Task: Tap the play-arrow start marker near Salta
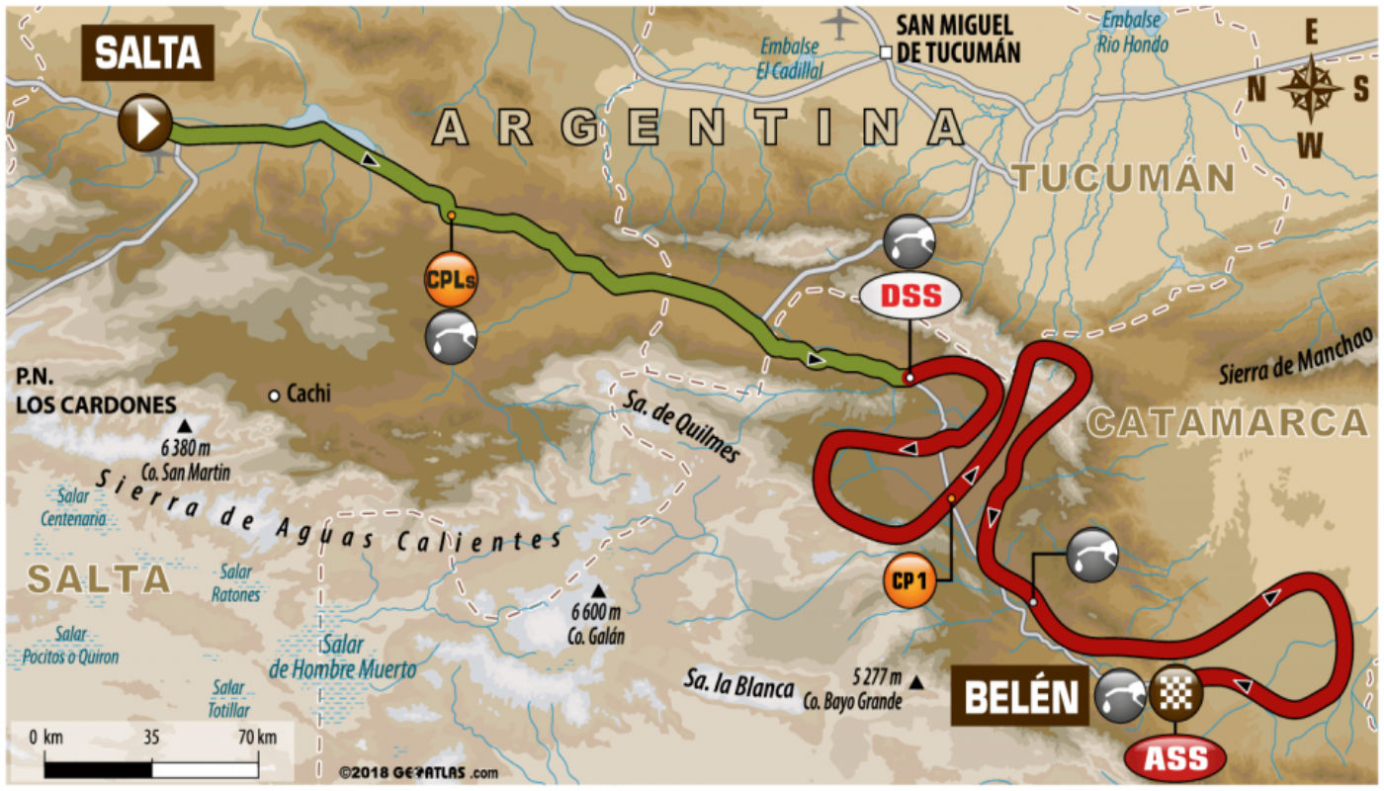tap(145, 123)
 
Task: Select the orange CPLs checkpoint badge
tap(451, 281)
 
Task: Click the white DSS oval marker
tap(908, 296)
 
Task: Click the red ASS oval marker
tap(1175, 758)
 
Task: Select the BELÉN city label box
tap(1020, 697)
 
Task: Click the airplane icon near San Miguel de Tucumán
tap(839, 23)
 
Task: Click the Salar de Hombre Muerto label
tap(342, 658)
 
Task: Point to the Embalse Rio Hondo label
tap(1133, 33)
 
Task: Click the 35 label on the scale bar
tap(151, 737)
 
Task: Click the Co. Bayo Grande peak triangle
tap(918, 682)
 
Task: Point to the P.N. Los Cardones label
tap(95, 392)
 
